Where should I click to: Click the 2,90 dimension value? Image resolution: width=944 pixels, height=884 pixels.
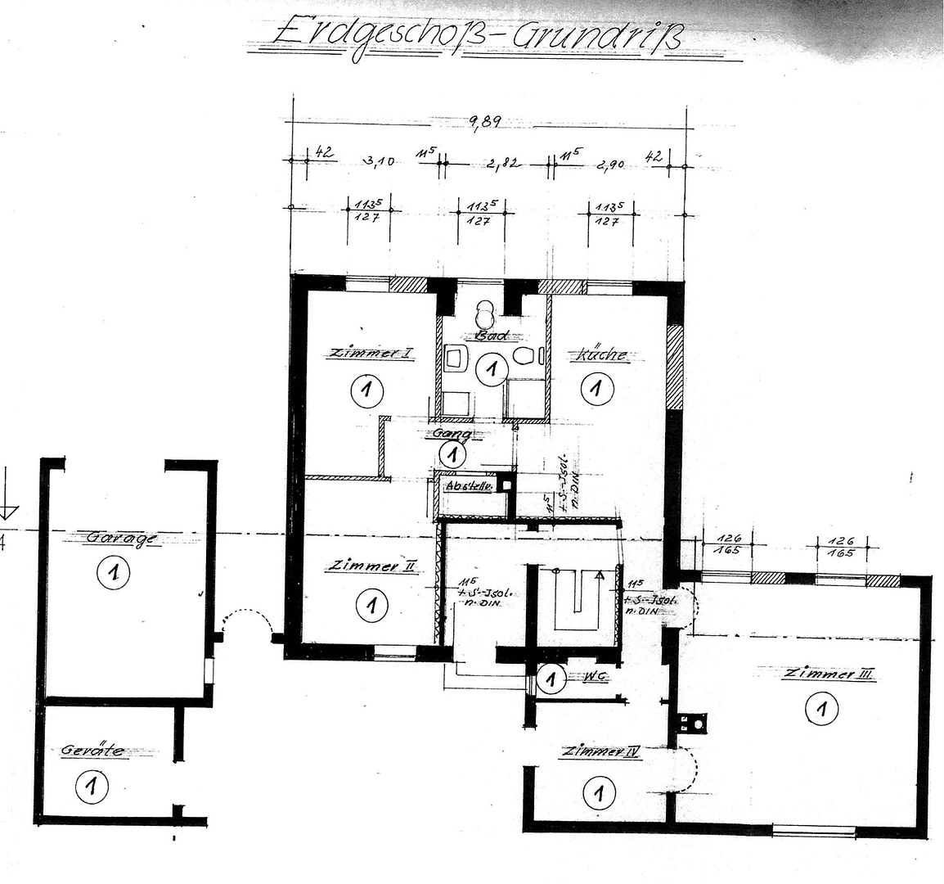click(x=611, y=164)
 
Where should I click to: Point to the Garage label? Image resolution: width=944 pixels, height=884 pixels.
click(x=122, y=538)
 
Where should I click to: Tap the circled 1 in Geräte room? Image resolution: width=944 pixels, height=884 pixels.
click(x=91, y=787)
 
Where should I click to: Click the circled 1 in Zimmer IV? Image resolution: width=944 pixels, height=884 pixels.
click(x=600, y=792)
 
